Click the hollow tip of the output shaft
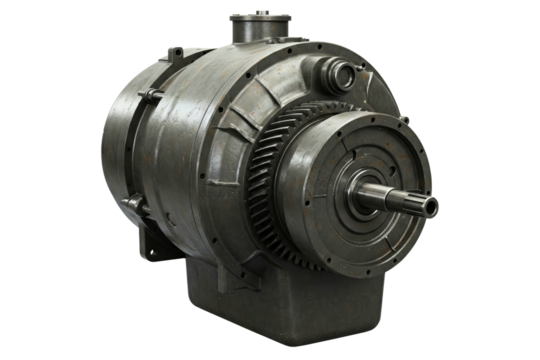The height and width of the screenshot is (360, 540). (431, 206)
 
